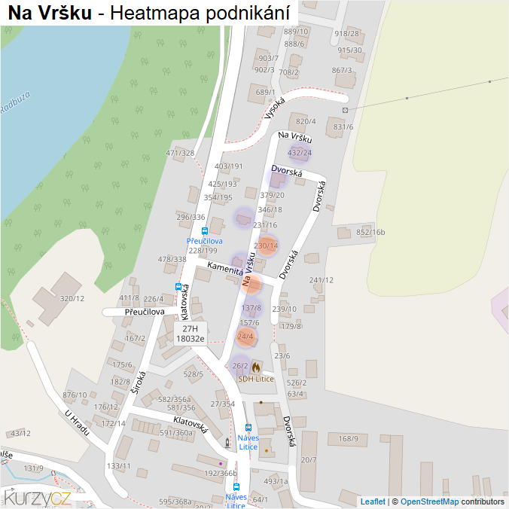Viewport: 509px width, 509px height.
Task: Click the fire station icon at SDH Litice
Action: coord(256,367)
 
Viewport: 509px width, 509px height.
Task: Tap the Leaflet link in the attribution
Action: coord(373,501)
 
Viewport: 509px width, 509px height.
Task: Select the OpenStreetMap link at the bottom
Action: coord(429,501)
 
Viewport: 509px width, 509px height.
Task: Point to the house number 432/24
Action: coord(300,153)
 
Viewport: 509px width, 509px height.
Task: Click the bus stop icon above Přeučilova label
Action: coord(205,231)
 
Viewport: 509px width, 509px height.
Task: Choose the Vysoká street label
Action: coord(276,108)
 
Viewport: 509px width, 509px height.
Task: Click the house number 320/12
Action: coord(72,298)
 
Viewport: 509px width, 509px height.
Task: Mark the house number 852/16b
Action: coord(370,232)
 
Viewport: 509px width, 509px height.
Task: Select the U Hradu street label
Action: coord(77,424)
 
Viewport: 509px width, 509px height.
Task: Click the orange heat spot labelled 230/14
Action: coord(267,245)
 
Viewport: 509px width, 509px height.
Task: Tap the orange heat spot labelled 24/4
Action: coord(245,336)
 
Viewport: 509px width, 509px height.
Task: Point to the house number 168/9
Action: coord(348,438)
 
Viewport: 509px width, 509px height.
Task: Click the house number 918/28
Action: coord(347,33)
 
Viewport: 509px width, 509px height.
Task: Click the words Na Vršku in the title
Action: coord(50,14)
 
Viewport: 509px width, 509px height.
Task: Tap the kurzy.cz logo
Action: coord(37,497)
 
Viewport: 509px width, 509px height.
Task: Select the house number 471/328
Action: coord(180,153)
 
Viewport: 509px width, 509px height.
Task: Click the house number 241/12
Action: coord(322,280)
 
